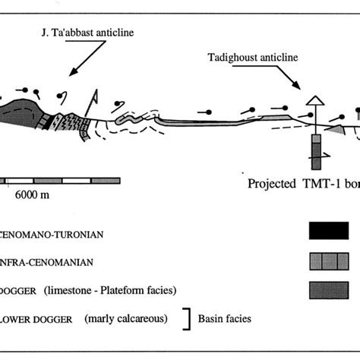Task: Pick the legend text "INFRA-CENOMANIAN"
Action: [45, 262]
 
